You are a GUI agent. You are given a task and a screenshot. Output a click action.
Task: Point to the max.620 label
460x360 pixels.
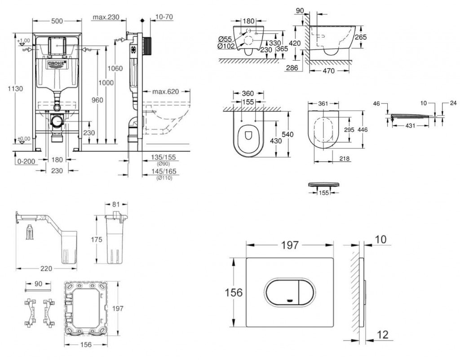[165, 92]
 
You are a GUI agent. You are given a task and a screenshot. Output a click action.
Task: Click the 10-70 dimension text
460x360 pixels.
[164, 18]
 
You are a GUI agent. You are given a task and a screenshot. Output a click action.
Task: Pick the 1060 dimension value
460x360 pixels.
[115, 68]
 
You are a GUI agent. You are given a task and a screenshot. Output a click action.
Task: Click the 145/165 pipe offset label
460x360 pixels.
[164, 171]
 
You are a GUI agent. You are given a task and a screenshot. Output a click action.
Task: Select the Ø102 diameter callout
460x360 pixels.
[226, 46]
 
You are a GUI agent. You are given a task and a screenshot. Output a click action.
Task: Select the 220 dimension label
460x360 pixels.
[47, 268]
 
